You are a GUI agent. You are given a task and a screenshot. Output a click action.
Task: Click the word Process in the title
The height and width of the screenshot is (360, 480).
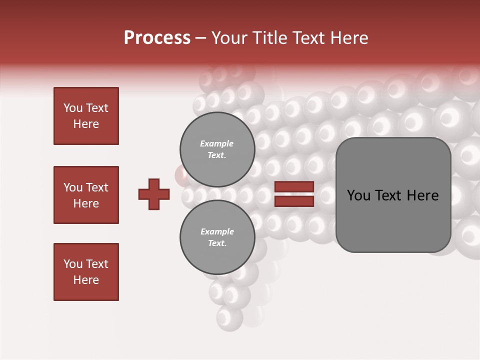coord(157,37)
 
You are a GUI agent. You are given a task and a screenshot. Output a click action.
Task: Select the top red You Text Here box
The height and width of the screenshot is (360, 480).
coord(86,116)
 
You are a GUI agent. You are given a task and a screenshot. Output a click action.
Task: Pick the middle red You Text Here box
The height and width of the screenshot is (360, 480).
coord(86,195)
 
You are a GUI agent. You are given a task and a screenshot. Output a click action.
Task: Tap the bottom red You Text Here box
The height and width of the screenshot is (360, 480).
coord(86,272)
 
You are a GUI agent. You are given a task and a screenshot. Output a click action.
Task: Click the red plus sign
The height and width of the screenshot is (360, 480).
coord(154,194)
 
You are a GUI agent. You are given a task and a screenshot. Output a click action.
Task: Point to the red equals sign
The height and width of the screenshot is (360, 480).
coord(294,194)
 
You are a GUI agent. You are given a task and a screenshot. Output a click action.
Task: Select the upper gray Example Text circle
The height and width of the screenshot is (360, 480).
coord(217,149)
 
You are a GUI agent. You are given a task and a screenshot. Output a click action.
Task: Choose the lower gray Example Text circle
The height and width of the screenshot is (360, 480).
coord(217,237)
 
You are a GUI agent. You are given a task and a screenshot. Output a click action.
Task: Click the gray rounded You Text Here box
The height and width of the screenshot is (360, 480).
coord(393,195)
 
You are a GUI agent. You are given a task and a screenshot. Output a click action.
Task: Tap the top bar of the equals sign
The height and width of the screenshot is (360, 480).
coord(294,187)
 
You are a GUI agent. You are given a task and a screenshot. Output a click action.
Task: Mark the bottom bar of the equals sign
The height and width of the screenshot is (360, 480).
coord(294,201)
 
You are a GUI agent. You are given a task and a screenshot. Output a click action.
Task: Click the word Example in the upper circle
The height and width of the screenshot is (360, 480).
coord(217,143)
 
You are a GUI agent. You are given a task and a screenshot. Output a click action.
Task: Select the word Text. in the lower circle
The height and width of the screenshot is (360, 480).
coord(217,243)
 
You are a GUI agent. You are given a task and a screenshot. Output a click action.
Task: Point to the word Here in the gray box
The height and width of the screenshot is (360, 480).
coord(422,195)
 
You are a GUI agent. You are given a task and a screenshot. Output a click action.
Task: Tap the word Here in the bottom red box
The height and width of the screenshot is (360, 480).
coord(86,280)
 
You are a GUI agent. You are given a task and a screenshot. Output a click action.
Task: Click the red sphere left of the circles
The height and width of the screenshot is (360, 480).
coord(180,174)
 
